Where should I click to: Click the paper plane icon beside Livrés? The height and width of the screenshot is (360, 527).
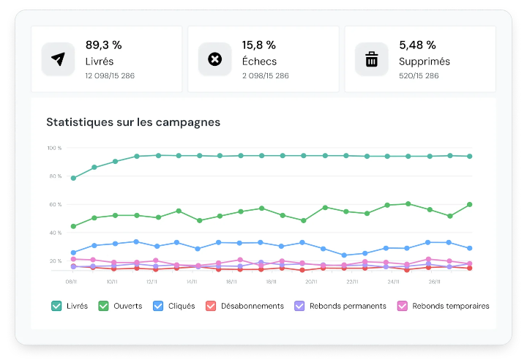[x=58, y=59]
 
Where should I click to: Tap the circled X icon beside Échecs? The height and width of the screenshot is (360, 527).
[x=214, y=59]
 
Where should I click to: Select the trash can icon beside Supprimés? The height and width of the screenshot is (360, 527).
[x=372, y=59]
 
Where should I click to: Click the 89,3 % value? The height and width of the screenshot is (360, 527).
[x=103, y=45]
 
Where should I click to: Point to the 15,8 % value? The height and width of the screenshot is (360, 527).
[x=260, y=45]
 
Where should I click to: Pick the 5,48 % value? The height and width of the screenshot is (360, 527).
[x=417, y=45]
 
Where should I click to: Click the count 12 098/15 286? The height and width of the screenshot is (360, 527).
[x=109, y=75]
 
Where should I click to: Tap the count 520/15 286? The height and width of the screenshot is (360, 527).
[x=419, y=75]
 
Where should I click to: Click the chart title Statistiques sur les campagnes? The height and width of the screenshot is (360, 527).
[x=133, y=122]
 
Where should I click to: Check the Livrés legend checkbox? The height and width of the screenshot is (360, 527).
[x=56, y=306]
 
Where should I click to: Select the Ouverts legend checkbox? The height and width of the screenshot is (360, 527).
[x=103, y=306]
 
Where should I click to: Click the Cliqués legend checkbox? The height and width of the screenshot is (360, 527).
[x=157, y=306]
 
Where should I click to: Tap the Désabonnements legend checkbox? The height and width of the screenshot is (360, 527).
[x=211, y=306]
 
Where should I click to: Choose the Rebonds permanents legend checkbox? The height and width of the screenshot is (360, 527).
[x=299, y=306]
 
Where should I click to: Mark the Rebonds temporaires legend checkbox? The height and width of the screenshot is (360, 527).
[x=402, y=306]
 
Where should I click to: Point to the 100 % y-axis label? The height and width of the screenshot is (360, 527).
[x=54, y=149]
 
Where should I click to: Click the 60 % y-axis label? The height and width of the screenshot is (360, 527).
[x=55, y=205]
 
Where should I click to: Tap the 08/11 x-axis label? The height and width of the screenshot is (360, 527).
[x=72, y=281]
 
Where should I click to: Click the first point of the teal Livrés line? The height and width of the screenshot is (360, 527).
[x=73, y=178]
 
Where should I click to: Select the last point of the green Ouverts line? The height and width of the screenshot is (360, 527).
[x=470, y=204]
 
